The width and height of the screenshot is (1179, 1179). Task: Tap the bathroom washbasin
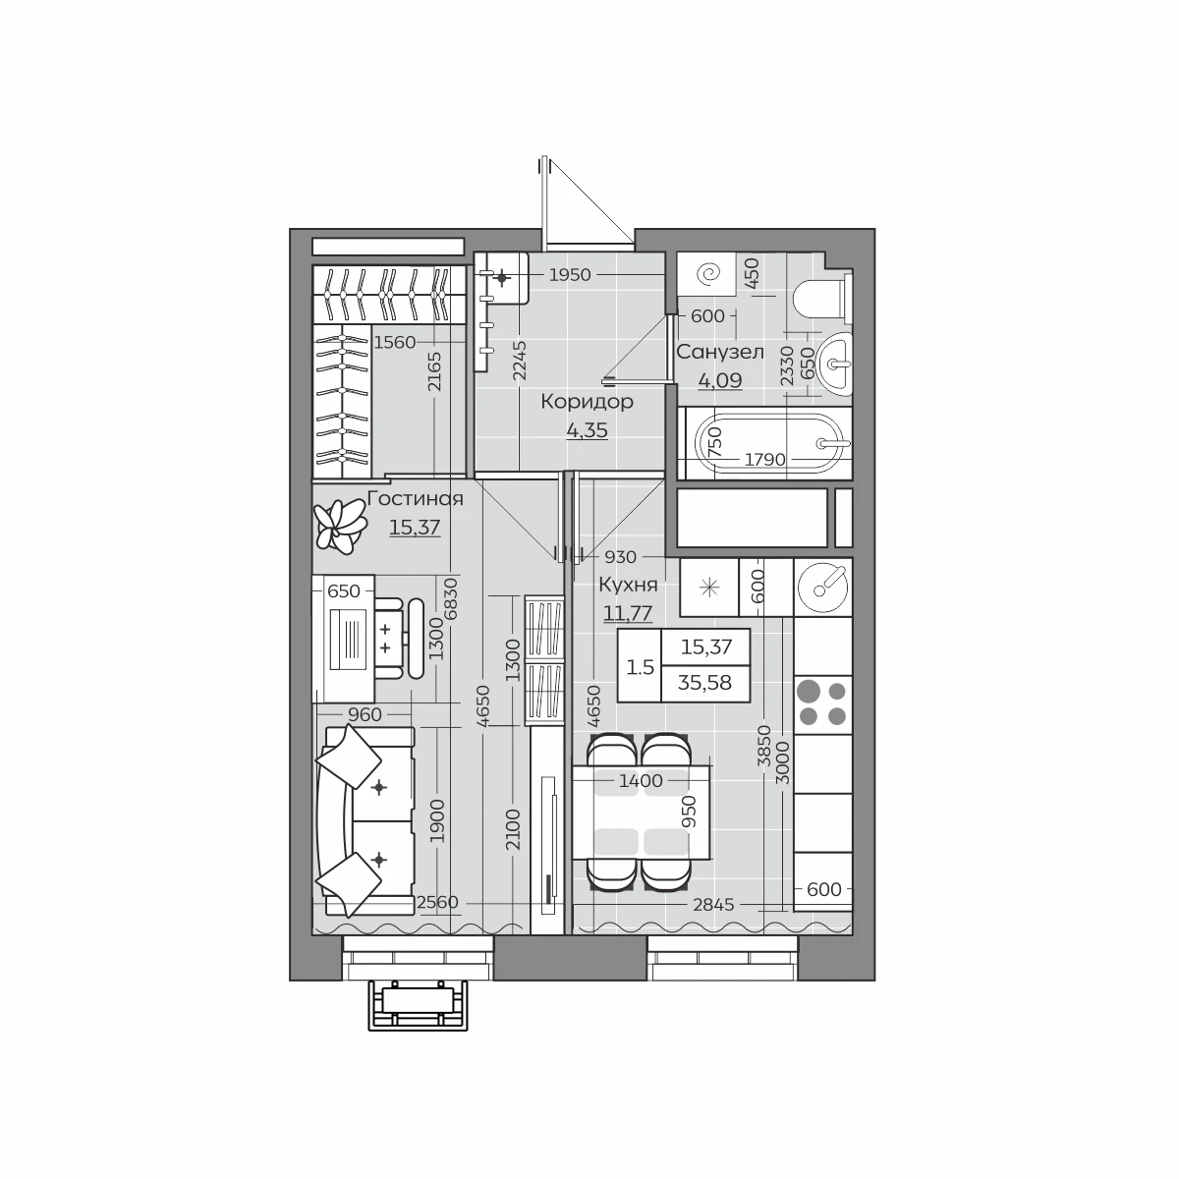click(833, 365)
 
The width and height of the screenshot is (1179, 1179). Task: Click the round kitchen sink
click(822, 588)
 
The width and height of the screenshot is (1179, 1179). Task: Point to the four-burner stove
click(822, 703)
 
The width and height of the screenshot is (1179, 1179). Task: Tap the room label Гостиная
click(416, 499)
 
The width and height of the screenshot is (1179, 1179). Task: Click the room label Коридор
click(587, 402)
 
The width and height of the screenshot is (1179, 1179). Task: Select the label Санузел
click(720, 353)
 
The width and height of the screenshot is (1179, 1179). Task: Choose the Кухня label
click(629, 585)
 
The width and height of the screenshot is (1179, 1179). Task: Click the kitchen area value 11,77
click(628, 612)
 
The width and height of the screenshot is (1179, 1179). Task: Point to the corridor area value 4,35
click(587, 430)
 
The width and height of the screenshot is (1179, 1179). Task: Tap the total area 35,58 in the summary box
click(704, 683)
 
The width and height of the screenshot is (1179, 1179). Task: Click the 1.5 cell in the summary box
click(640, 667)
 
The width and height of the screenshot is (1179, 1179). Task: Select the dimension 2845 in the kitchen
click(713, 904)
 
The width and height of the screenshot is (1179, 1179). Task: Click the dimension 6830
click(451, 600)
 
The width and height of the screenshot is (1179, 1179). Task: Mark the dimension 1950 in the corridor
click(570, 275)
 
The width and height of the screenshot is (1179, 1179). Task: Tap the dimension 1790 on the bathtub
click(764, 459)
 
